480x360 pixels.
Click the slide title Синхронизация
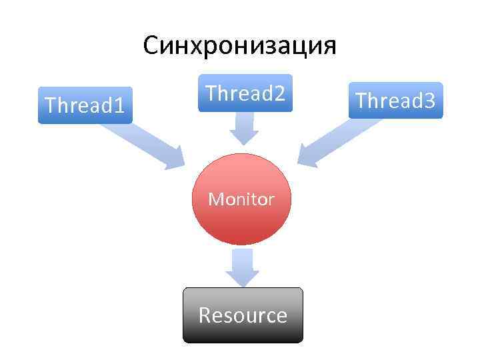pyautogui.click(x=239, y=46)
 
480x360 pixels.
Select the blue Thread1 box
pyautogui.click(x=85, y=105)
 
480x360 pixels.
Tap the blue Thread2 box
pyautogui.click(x=245, y=93)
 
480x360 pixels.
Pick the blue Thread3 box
pyautogui.click(x=395, y=101)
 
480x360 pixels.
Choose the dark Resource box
pyautogui.click(x=243, y=315)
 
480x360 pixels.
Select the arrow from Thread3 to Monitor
pyautogui.click(x=336, y=140)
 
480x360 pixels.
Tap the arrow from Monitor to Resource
pyautogui.click(x=242, y=267)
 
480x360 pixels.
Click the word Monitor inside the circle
pyautogui.click(x=241, y=199)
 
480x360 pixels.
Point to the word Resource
pyautogui.click(x=243, y=315)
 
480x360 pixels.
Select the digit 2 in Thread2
pyautogui.click(x=279, y=93)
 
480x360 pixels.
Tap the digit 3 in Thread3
pyautogui.click(x=429, y=101)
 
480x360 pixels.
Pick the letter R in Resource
pyautogui.click(x=205, y=315)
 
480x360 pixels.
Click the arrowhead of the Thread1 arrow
pyautogui.click(x=175, y=159)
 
